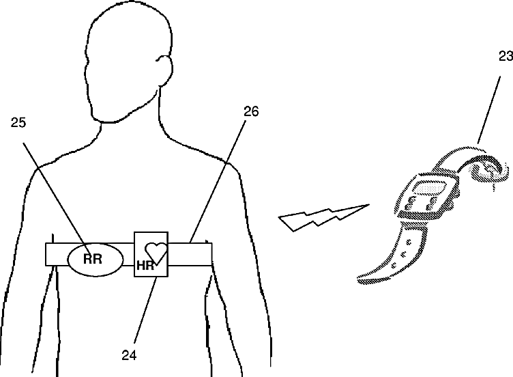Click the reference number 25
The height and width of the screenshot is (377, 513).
pyautogui.click(x=18, y=123)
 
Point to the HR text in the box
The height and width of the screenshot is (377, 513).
pyautogui.click(x=145, y=264)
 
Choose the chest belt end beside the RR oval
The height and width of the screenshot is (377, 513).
pyautogui.click(x=55, y=254)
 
